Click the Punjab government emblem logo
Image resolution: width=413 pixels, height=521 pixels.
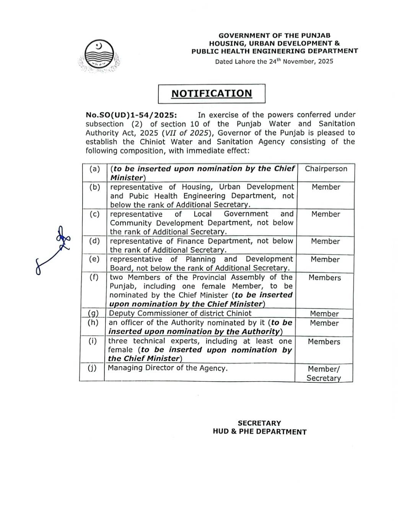99,56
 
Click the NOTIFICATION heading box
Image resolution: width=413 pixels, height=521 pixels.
211,94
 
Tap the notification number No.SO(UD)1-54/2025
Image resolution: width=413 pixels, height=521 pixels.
131,115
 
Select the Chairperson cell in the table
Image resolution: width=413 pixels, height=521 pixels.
326,169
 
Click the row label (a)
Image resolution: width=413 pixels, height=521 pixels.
94,169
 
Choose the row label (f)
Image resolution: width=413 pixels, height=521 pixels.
94,277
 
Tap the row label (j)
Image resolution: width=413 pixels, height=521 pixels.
92,368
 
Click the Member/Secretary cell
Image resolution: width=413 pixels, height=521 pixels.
324,373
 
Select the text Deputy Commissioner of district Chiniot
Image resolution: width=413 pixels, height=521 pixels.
180,314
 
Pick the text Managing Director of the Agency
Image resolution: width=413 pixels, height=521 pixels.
167,368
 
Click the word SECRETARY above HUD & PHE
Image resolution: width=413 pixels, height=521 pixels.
259,423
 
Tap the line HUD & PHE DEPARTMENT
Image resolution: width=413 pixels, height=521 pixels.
260,432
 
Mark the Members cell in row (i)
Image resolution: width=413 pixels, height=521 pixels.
324,342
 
